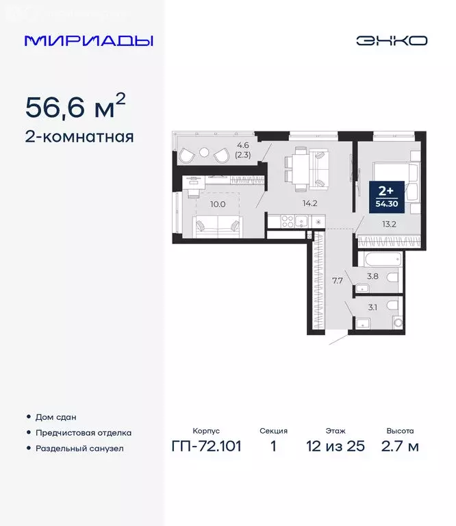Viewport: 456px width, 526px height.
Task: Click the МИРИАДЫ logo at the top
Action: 89,40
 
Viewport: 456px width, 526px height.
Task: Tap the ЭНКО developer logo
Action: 391,40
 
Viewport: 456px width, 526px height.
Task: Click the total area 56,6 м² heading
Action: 75,108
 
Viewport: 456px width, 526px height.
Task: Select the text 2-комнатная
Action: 79,136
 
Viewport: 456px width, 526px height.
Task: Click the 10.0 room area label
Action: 217,204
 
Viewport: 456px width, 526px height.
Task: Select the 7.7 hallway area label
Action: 338,279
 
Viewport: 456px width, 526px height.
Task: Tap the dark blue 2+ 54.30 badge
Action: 383,195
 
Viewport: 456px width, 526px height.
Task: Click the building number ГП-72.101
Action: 205,447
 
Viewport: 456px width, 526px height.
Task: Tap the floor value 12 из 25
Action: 335,447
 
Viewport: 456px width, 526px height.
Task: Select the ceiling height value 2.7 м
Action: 400,447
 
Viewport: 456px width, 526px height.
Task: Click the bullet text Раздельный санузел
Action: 79,449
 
